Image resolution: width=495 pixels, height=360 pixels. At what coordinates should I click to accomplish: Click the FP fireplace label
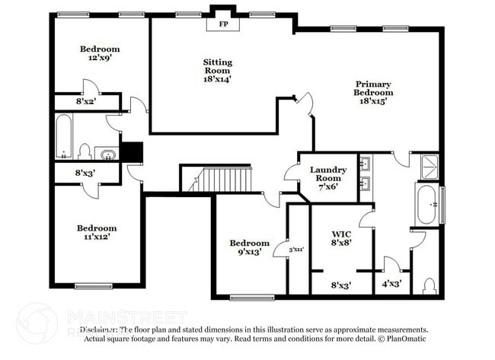pyautogui.click(x=224, y=24)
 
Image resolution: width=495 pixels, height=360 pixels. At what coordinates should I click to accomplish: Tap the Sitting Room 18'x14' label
pyautogui.click(x=217, y=70)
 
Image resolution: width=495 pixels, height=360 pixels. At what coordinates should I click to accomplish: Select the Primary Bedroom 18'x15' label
pyautogui.click(x=372, y=92)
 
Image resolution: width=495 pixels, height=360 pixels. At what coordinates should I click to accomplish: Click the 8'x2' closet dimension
pyautogui.click(x=85, y=100)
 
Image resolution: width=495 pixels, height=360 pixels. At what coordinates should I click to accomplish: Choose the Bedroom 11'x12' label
pyautogui.click(x=96, y=233)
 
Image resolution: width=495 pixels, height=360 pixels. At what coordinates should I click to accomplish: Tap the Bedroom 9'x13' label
pyautogui.click(x=250, y=247)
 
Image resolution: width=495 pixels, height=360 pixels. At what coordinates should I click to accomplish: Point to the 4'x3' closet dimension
pyautogui.click(x=391, y=285)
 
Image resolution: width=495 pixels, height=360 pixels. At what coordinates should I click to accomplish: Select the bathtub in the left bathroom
pyautogui.click(x=64, y=137)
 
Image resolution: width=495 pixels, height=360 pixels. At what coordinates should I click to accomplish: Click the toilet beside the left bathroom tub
pyautogui.click(x=85, y=151)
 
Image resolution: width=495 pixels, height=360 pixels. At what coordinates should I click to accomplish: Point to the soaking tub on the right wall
pyautogui.click(x=426, y=203)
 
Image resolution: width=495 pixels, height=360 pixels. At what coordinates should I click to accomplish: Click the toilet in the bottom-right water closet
pyautogui.click(x=428, y=285)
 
